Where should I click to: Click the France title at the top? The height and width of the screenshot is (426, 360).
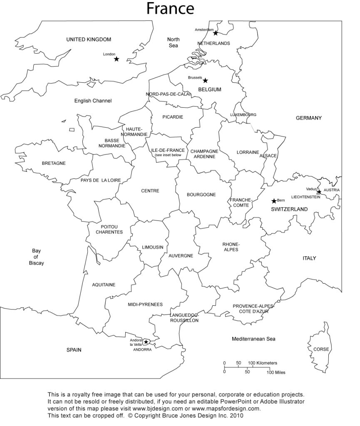170,8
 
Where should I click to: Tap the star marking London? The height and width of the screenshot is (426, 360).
117,59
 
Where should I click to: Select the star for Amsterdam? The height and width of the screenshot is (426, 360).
216,33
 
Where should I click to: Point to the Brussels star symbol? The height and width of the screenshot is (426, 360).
205,81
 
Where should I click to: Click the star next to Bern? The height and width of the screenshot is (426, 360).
274,201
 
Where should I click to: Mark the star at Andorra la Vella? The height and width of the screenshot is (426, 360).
146,342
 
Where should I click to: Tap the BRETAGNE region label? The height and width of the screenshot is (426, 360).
54,163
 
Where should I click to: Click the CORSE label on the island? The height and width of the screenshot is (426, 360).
321,349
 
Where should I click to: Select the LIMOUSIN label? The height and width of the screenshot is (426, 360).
153,247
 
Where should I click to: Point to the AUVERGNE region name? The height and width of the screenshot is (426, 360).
181,256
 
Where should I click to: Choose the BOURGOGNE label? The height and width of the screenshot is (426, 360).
201,194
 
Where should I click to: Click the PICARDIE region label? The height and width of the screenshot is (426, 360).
173,117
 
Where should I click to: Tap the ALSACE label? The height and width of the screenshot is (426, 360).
268,156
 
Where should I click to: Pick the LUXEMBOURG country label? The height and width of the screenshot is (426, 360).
243,115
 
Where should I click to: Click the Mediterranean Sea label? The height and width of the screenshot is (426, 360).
253,339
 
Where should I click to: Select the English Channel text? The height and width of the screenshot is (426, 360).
93,101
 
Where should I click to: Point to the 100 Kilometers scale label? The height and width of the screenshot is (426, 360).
263,363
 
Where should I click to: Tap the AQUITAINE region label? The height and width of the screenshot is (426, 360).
104,285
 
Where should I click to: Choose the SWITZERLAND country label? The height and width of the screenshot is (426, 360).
289,209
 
